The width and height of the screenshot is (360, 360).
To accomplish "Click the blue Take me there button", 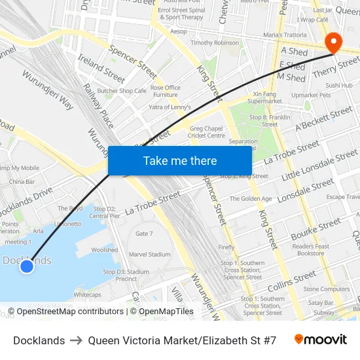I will tap(179, 160).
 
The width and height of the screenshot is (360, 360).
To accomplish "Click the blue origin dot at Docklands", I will tap(26, 266).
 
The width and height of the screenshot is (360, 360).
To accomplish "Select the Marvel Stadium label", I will tap(149, 255).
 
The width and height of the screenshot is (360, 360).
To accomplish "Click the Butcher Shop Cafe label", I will tap(121, 91).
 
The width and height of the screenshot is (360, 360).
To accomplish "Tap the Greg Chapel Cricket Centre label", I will tap(207, 132).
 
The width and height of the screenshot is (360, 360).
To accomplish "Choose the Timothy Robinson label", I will tap(215, 43).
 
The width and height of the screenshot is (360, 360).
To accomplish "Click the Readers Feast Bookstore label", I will tap(311, 249).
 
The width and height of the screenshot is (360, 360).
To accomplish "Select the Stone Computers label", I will tap(327, 289).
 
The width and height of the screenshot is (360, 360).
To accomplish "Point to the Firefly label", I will tap(226, 247).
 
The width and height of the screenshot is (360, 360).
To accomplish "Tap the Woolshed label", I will tap(105, 250).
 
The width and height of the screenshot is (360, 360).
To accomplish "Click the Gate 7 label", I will tap(143, 234).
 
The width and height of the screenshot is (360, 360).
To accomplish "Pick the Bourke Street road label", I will tap(317, 231).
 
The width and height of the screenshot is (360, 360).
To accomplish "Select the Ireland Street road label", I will tap(101, 68).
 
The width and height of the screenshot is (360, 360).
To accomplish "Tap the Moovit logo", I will tap(320, 340).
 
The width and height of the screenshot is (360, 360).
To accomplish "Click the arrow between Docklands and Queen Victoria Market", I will tap(76, 340).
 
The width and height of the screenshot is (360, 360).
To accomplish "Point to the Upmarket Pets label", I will tap(312, 95).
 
